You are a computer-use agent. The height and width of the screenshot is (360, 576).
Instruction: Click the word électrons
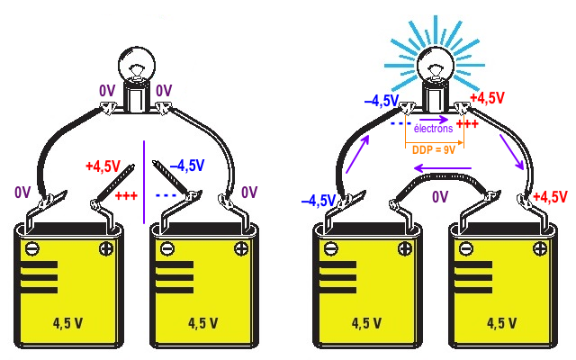[433, 130]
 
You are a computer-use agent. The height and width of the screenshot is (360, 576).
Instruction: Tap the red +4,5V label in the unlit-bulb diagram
[103, 166]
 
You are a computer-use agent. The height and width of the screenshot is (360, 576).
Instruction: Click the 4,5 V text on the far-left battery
[68, 321]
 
